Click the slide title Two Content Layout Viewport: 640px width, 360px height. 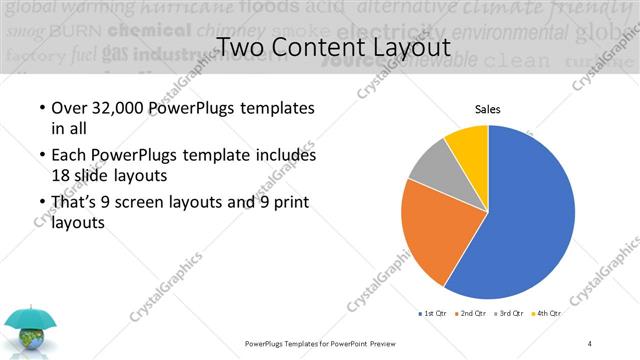point(319,47)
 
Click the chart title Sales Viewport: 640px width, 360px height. point(487,110)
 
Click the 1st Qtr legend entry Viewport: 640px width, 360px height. point(432,314)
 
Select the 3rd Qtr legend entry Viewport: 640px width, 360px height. point(510,314)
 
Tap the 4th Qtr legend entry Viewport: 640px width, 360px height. point(548,314)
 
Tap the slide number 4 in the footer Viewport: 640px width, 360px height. point(590,343)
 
